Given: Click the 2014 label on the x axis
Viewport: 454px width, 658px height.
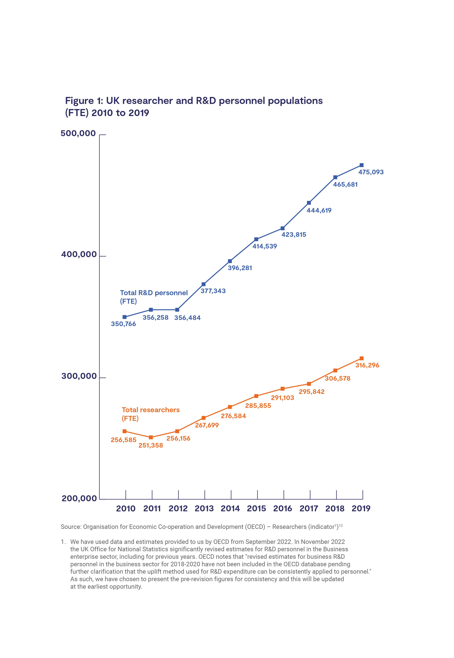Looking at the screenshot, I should [x=230, y=509].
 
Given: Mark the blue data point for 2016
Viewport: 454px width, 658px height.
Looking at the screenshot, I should [x=283, y=228].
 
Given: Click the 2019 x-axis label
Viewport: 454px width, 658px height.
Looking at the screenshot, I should [x=361, y=509].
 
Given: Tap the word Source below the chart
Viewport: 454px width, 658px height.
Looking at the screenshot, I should [x=71, y=527].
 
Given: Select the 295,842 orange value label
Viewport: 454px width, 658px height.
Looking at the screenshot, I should [x=312, y=392].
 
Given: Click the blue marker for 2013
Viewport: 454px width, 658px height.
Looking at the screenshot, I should [x=203, y=284].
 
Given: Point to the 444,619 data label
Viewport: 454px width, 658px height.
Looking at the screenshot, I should [x=319, y=210].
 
